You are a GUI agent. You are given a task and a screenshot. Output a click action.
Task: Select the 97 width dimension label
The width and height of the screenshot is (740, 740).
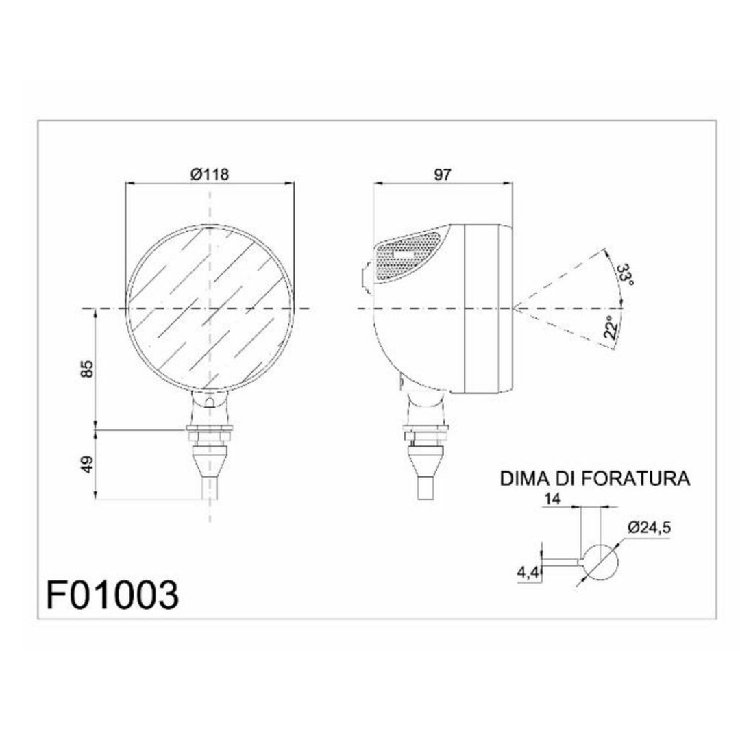coord(443,175)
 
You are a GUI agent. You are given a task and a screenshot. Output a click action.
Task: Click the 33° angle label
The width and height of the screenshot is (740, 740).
coord(624,275)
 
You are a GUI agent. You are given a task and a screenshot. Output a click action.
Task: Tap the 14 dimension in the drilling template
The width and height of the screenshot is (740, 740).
coord(553,500)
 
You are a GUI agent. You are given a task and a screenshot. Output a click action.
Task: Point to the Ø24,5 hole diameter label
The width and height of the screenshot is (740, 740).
coord(647,528)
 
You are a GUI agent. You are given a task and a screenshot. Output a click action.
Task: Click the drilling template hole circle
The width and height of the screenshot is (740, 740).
coord(600,563)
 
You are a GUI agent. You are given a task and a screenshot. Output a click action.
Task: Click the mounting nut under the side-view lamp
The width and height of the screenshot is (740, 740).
coord(425,432)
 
